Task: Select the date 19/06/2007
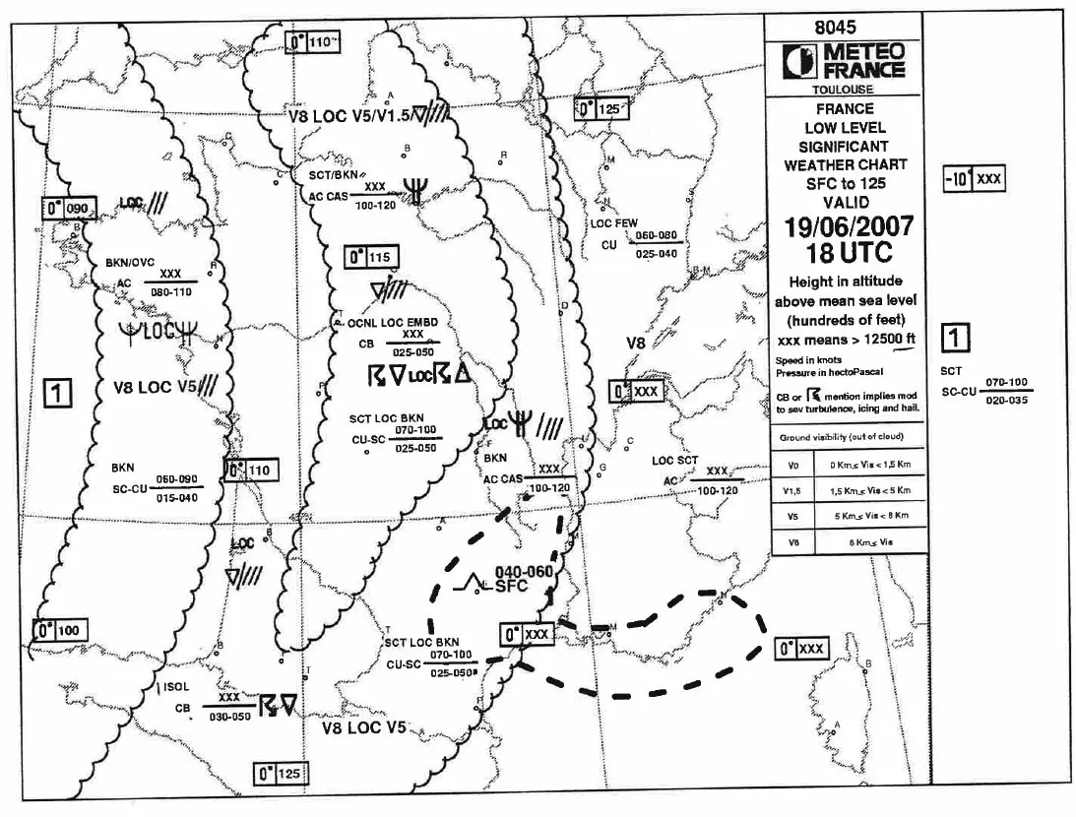pos(849,227)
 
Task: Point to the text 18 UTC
pos(848,253)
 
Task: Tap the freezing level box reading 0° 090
pos(71,209)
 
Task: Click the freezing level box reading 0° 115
pos(370,258)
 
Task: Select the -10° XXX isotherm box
pos(973,179)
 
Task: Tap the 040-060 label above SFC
pos(524,570)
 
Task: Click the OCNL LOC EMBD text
pos(394,323)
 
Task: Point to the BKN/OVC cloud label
pos(131,263)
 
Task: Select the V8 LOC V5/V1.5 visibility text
pos(350,116)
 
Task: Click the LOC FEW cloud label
pos(614,224)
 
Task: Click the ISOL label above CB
pos(174,687)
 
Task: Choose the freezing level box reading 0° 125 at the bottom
pos(279,774)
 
